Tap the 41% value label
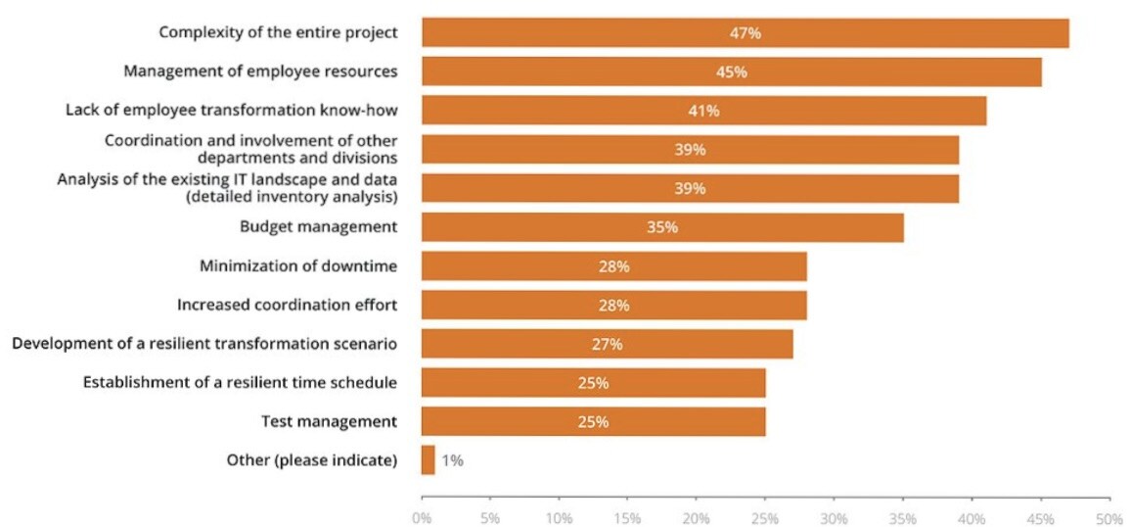703,111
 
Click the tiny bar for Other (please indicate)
428,460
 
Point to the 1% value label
452,460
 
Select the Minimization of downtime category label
298,266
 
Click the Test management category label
329,421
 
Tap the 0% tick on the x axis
422,515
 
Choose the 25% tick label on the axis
765,515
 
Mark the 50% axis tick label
1108,515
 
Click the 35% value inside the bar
662,227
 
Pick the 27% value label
607,344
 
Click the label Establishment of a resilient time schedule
240,382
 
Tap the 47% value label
745,32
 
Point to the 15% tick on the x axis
627,515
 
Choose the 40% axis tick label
972,515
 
